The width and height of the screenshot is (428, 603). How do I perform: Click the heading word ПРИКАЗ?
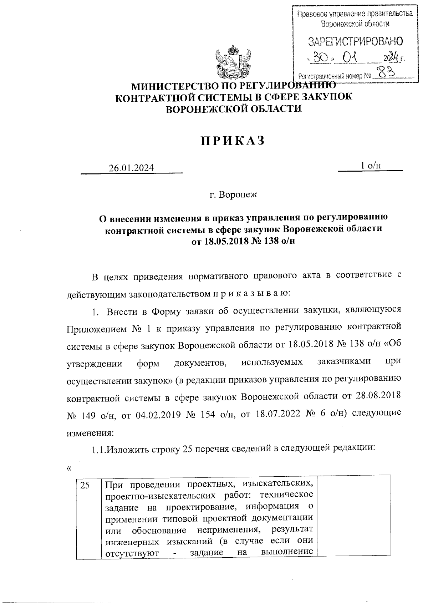click(233, 141)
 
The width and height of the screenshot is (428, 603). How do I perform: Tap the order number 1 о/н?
click(371, 165)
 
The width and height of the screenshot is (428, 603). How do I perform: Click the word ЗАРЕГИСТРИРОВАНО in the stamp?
click(355, 42)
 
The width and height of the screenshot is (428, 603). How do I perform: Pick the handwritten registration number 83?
click(385, 73)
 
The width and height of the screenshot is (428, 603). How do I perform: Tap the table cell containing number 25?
click(86, 485)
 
